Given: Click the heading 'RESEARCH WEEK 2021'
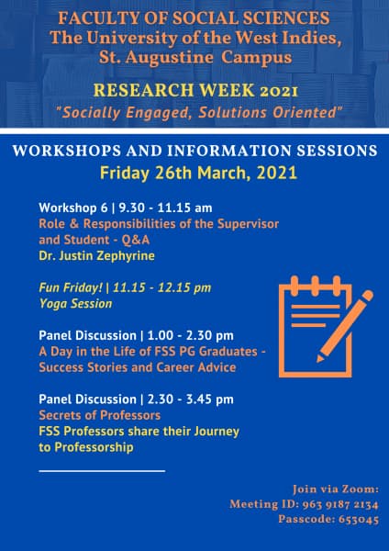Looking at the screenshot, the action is click(195, 91).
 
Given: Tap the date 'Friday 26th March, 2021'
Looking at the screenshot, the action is click(199, 174).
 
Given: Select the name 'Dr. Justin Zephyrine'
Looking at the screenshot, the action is click(96, 256).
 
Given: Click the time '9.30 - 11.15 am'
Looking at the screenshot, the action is click(165, 208).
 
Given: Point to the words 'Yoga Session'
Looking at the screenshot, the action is click(75, 304).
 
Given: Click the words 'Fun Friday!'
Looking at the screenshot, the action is click(71, 287).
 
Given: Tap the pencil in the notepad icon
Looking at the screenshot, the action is click(344, 326).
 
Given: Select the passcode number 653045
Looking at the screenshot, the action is click(359, 520).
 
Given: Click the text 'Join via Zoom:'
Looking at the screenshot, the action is click(336, 489).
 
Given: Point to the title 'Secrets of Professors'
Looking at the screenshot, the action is click(100, 415).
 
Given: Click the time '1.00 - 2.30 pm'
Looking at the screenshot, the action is click(191, 335).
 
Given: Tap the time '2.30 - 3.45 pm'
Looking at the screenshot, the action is click(191, 399).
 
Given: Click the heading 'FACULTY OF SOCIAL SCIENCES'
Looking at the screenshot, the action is click(194, 18).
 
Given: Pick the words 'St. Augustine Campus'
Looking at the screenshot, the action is click(195, 58).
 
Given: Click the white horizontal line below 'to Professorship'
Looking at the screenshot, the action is click(102, 471).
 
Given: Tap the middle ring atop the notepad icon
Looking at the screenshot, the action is click(316, 283).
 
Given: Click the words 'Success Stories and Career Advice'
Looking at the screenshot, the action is click(138, 367).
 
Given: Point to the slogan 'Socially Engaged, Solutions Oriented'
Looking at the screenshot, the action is click(200, 113).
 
